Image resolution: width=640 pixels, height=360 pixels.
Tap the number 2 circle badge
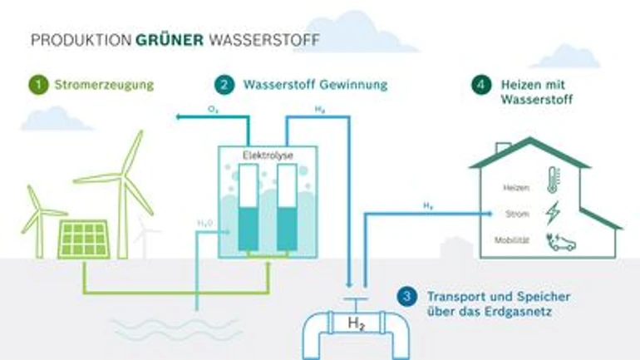coord(224,84)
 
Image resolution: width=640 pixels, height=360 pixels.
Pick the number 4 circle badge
coord(480,84)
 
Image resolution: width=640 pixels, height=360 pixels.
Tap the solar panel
coord(83,239)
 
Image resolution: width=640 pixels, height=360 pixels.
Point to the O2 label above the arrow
coord(213,109)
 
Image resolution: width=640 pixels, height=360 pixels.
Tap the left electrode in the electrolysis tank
coord(247,208)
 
